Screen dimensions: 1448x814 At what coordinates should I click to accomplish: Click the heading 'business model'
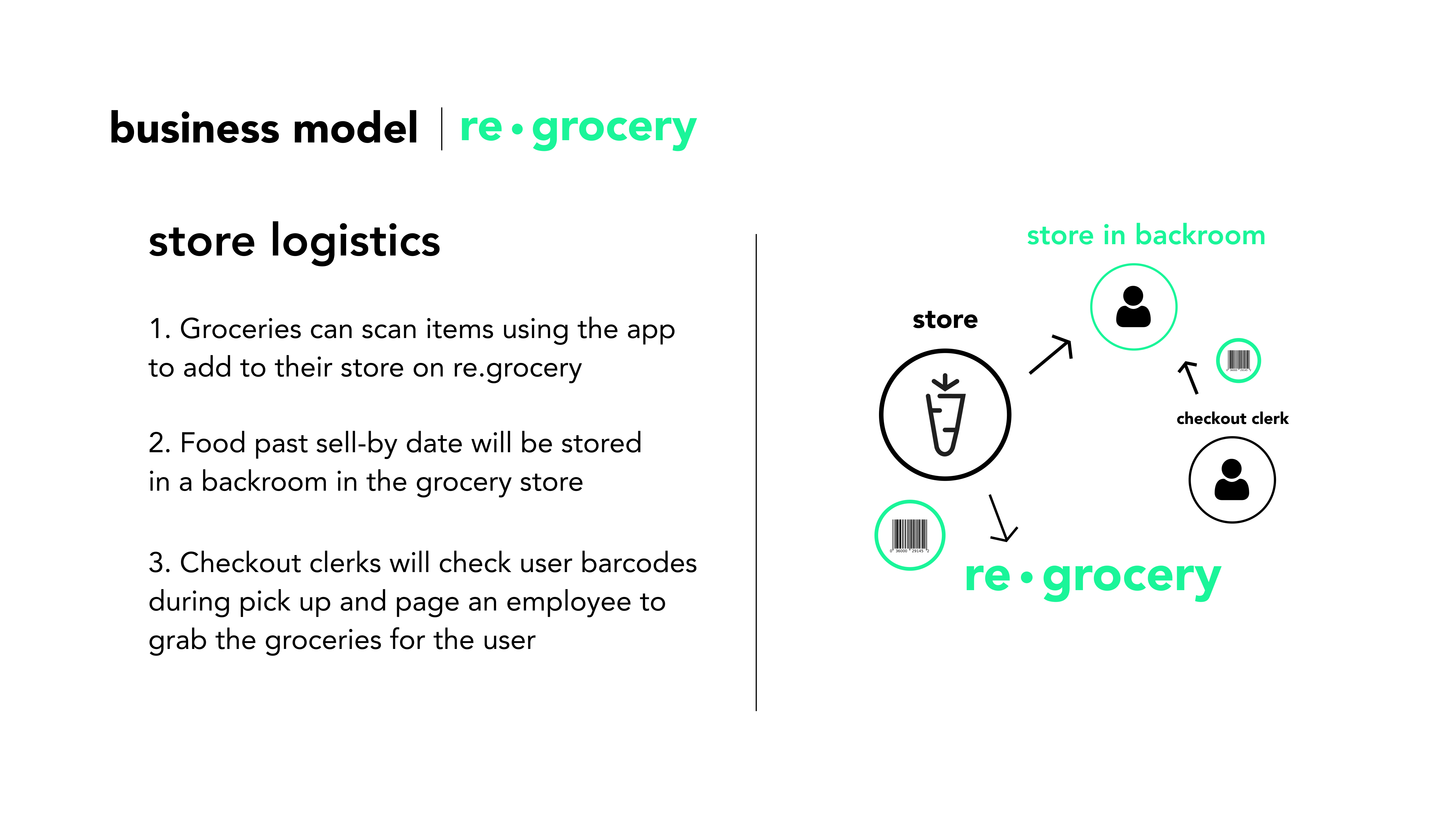click(264, 128)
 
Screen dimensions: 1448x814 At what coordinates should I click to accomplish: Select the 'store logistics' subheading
click(294, 242)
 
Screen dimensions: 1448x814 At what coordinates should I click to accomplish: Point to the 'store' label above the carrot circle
click(945, 320)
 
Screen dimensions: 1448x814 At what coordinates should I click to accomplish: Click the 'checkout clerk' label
click(1232, 419)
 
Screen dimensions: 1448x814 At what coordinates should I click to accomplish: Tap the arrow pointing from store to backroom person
click(1051, 354)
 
